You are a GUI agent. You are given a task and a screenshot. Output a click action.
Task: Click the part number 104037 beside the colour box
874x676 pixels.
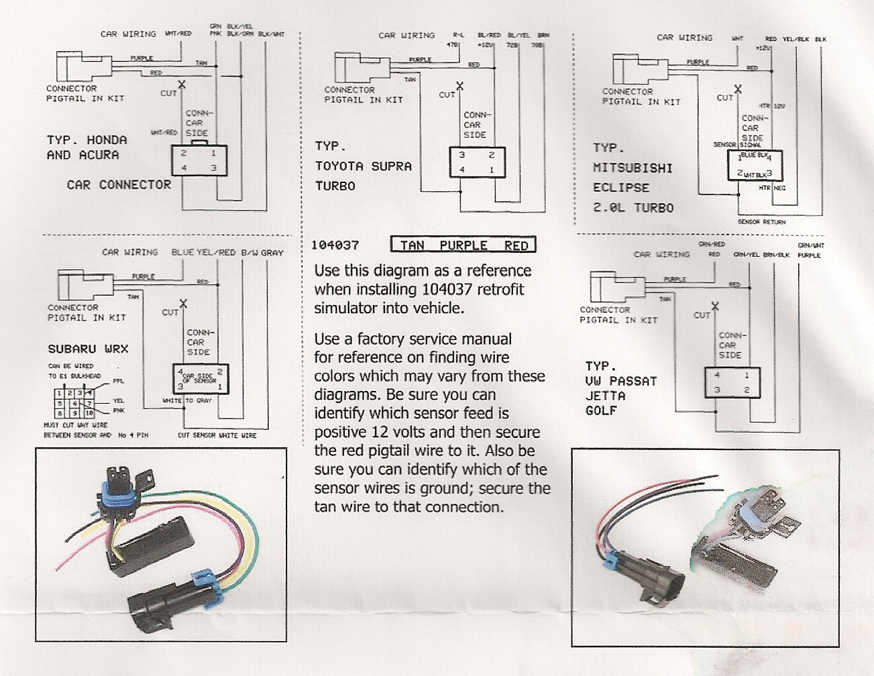coord(335,245)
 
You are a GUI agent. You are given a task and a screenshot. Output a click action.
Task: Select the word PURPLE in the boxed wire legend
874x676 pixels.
coord(463,245)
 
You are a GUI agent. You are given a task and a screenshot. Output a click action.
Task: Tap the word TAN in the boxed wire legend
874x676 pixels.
coord(412,245)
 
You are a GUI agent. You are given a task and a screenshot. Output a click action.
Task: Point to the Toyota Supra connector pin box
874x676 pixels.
coord(477,162)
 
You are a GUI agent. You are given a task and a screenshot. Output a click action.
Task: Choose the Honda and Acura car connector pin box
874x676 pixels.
coord(199,160)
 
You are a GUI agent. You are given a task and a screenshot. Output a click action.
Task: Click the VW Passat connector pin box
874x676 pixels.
coord(732,383)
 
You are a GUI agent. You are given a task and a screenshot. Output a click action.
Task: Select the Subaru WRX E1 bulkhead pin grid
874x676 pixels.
coord(76,403)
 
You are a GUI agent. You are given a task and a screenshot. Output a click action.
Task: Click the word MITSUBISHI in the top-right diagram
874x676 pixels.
coord(632,168)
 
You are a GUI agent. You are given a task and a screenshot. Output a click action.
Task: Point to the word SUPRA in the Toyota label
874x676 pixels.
coord(391,166)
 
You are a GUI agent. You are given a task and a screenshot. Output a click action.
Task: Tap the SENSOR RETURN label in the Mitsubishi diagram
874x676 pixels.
coord(761,222)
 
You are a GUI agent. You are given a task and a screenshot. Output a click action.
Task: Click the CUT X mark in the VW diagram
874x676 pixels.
coord(715,306)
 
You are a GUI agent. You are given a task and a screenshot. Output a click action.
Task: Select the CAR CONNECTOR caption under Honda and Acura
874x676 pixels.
coord(119,184)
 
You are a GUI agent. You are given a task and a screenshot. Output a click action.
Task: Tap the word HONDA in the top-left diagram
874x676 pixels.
coord(107,140)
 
